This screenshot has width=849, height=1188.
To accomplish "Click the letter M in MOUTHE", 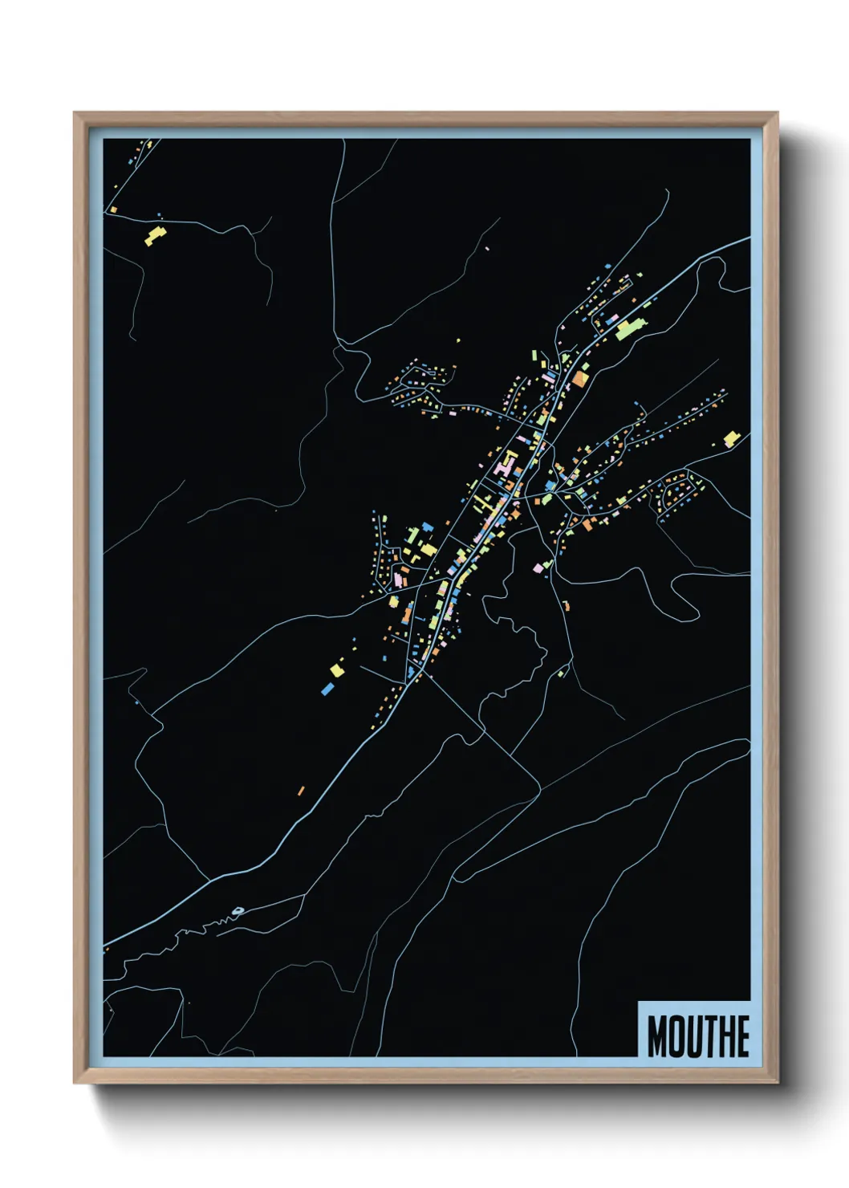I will (658, 1036).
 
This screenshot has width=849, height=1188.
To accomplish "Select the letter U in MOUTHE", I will (699, 1036).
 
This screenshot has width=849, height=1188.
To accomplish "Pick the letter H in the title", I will (729, 1036).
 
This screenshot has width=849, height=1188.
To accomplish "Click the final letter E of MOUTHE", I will (744, 1036).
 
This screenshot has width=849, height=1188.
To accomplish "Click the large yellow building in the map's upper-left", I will (154, 235).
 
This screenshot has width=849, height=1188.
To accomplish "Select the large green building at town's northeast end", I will (631, 328).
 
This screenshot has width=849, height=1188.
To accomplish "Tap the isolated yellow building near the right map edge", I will (731, 438).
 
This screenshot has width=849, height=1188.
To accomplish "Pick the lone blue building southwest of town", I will (327, 688).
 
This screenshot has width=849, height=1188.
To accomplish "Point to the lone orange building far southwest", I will (301, 791).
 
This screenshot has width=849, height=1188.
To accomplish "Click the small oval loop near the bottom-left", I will (238, 910).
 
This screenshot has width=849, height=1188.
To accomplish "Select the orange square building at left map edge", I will (114, 210).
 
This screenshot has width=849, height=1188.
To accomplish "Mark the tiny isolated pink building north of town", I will (487, 249).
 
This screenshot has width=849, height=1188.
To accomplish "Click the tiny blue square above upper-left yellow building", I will (159, 214).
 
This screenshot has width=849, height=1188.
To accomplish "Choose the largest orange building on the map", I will (579, 379).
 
